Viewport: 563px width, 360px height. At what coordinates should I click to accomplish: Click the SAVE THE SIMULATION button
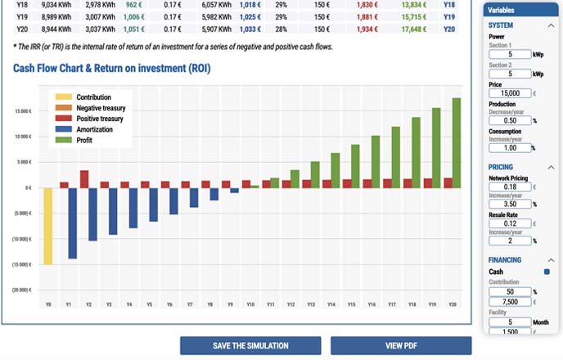[250, 345]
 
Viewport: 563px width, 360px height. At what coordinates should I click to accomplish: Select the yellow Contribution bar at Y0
[48, 226]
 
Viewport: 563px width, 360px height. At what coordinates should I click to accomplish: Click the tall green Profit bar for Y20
[457, 143]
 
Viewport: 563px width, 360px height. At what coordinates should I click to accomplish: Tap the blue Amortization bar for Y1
[73, 223]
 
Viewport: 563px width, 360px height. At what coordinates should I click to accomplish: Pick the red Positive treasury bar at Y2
[84, 179]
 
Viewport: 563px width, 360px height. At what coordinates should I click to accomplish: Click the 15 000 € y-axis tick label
[23, 110]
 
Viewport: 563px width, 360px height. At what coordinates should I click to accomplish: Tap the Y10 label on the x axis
[250, 304]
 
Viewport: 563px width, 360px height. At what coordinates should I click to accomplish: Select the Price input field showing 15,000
[509, 94]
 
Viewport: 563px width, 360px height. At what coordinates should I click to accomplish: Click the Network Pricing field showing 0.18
[509, 187]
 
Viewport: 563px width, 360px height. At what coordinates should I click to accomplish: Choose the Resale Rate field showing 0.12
[509, 223]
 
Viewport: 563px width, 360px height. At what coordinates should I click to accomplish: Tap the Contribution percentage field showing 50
[509, 291]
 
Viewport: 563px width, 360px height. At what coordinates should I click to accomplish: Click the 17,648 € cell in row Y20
[414, 29]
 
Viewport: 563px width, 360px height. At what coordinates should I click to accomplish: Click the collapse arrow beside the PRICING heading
[551, 167]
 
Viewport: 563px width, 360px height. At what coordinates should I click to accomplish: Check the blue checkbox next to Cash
[547, 272]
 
